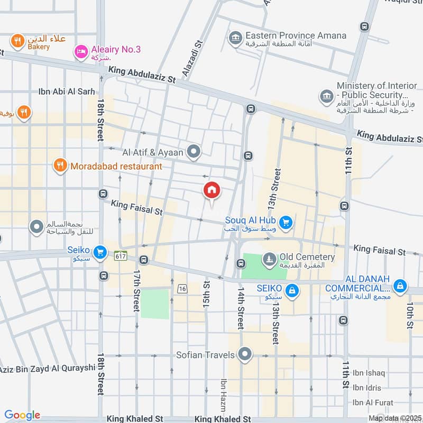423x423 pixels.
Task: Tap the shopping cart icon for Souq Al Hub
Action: pos(286,223)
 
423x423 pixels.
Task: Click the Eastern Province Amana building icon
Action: pos(235,38)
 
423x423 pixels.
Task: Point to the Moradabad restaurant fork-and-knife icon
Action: pos(60,166)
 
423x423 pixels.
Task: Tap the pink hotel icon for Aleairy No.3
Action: pos(81,51)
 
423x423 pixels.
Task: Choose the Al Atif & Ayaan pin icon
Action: pos(194,152)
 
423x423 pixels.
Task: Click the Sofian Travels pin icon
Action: pos(244,354)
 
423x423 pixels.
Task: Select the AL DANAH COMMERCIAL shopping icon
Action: pos(400,286)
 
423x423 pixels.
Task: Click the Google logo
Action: pos(22,415)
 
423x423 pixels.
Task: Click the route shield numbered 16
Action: pos(183,288)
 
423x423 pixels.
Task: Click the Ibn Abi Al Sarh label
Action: pos(67,91)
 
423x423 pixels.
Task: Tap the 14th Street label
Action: pos(241,309)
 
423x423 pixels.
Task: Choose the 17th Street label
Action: pos(136,290)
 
